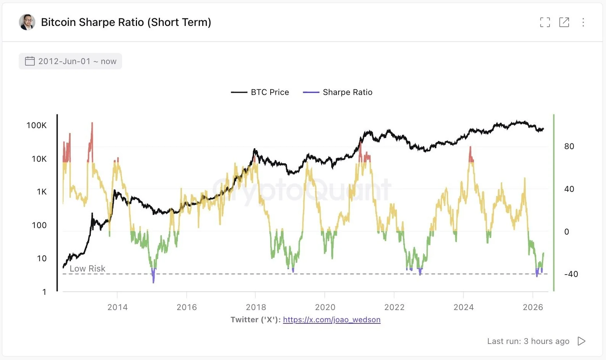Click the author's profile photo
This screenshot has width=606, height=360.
point(27,22)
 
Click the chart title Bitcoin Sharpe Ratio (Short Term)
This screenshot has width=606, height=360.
point(126,22)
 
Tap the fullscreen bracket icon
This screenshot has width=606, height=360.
point(545,22)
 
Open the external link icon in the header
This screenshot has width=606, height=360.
point(564,22)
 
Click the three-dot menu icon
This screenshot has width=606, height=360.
point(583,22)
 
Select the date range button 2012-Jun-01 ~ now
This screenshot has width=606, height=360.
point(71,61)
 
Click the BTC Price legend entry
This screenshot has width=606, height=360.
point(260,92)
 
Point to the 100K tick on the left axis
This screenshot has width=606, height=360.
point(37,125)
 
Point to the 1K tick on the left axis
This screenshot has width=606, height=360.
point(42,192)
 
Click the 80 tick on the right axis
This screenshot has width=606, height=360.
point(569,146)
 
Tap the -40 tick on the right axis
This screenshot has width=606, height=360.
point(571,274)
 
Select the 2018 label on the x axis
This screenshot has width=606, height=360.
point(256,307)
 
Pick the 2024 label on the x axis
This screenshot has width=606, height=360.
point(463,307)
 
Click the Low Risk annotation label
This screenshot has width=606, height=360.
point(87,268)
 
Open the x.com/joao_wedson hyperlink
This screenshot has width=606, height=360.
point(332,320)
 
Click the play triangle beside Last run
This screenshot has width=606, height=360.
point(582,341)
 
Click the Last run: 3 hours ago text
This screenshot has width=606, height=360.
point(528,341)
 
